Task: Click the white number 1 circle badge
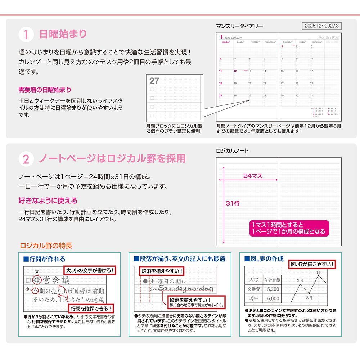click(x=26, y=35)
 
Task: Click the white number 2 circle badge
click(x=26, y=159)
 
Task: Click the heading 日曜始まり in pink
click(x=63, y=34)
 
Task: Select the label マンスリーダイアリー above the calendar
click(x=239, y=26)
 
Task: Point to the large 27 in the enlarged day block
click(x=154, y=81)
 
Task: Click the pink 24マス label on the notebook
click(x=253, y=176)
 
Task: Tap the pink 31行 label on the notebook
click(x=233, y=203)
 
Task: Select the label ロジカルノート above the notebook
click(x=232, y=151)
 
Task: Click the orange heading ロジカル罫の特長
click(x=46, y=246)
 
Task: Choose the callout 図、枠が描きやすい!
click(x=312, y=265)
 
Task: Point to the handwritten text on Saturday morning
click(x=181, y=288)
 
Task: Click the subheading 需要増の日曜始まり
click(x=45, y=90)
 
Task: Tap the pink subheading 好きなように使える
click(x=48, y=201)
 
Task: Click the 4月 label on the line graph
click(x=319, y=273)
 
